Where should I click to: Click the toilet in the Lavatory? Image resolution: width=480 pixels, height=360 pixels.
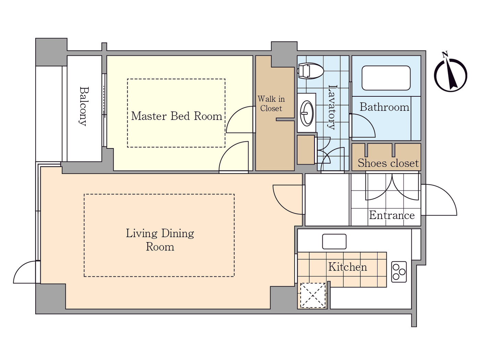(x=311, y=71)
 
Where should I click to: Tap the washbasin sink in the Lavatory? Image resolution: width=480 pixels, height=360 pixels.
(x=306, y=113)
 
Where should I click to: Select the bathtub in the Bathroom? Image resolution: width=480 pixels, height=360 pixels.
(x=386, y=78)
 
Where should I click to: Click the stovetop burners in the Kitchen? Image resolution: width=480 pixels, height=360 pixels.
(x=399, y=272)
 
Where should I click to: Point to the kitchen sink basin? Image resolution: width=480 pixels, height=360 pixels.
(x=334, y=241)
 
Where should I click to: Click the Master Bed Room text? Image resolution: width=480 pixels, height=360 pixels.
(x=177, y=116)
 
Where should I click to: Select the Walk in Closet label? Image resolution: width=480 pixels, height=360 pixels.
(x=271, y=104)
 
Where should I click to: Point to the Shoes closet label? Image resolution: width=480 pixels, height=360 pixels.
(x=388, y=163)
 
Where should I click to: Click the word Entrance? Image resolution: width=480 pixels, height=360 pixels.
(x=392, y=215)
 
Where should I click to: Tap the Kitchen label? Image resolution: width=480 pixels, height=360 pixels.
(x=347, y=267)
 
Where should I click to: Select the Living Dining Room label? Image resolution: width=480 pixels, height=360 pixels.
(x=160, y=240)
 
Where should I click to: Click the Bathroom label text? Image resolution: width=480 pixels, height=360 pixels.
(x=384, y=107)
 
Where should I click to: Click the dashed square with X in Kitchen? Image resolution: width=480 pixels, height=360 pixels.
(x=313, y=295)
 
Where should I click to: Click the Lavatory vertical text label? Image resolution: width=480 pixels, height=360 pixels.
(x=332, y=107)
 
